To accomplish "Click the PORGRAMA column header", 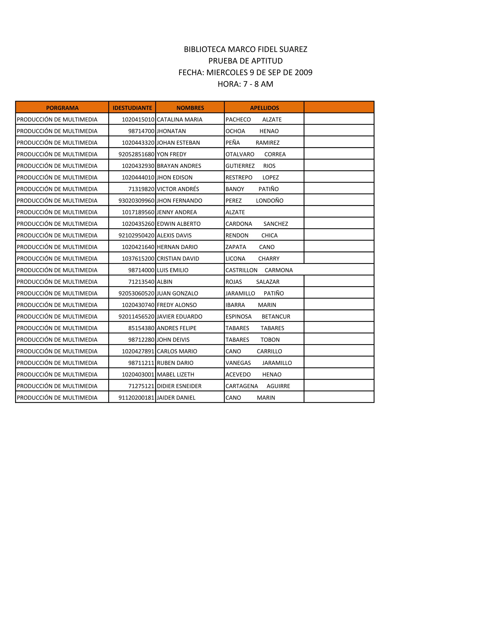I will tap(62, 108).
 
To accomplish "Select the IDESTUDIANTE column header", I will tap(132, 108).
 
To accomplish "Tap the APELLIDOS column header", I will tap(264, 108).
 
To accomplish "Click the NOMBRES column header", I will tap(190, 108).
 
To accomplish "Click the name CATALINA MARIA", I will tap(179, 119).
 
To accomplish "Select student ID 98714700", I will tap(141, 131).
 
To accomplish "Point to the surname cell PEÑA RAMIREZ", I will tap(252, 143).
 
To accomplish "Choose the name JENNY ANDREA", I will tap(177, 212).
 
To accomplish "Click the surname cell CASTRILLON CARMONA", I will tap(259, 270).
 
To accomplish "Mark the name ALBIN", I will tap(164, 282).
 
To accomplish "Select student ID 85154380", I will tap(141, 328).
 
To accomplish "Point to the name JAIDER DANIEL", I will tap(176, 398).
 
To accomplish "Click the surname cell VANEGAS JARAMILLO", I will tap(259, 363).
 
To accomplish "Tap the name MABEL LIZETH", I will tap(175, 374).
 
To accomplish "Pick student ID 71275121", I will tap(141, 386).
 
